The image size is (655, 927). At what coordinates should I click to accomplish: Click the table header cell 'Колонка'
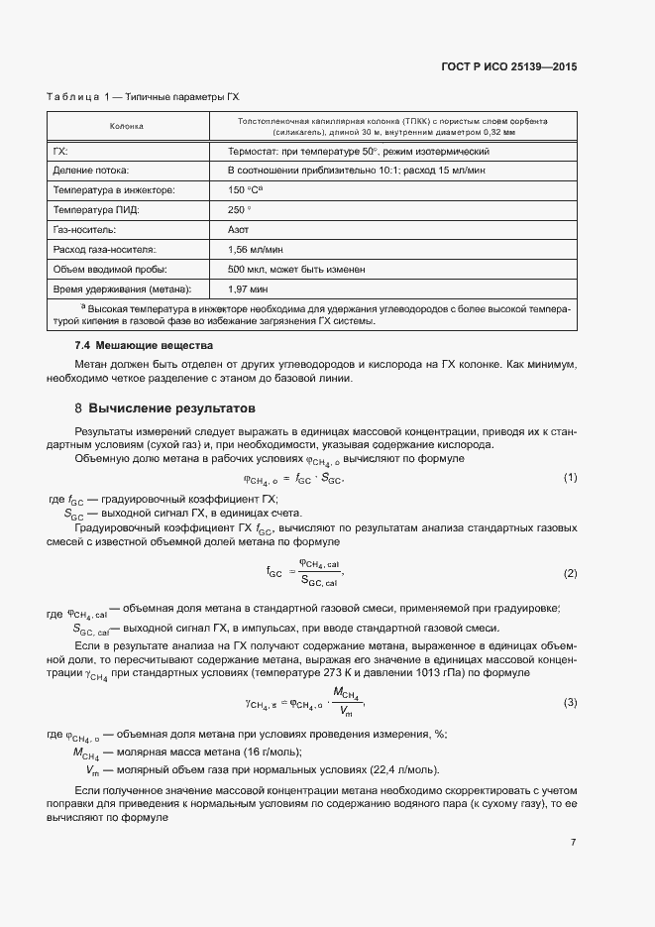pyautogui.click(x=126, y=127)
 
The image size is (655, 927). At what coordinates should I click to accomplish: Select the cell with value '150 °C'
pyautogui.click(x=247, y=189)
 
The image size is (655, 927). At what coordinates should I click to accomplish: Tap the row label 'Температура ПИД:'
pyautogui.click(x=99, y=209)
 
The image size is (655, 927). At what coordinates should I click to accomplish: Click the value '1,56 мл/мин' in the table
pyautogui.click(x=255, y=249)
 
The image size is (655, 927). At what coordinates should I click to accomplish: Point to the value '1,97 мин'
pyautogui.click(x=248, y=289)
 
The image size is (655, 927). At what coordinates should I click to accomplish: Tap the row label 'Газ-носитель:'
pyautogui.click(x=87, y=229)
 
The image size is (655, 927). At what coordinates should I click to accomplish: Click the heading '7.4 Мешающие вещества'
pyautogui.click(x=144, y=345)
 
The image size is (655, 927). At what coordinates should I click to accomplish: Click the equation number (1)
pyautogui.click(x=570, y=478)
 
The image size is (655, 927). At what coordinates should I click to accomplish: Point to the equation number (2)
pyautogui.click(x=570, y=574)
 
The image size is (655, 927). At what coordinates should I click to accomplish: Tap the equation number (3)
pyautogui.click(x=570, y=702)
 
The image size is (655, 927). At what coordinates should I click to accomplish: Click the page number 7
pyautogui.click(x=573, y=843)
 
